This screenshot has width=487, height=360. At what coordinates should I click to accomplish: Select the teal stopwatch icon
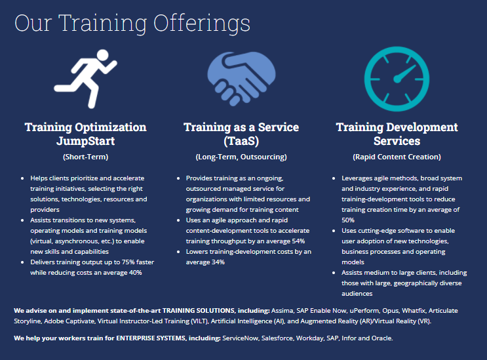[x=396, y=76]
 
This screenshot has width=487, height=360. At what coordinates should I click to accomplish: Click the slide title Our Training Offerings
[x=132, y=23]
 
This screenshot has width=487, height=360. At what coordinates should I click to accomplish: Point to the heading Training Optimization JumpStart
[x=85, y=134]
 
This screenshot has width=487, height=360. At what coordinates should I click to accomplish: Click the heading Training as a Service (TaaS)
[x=241, y=134]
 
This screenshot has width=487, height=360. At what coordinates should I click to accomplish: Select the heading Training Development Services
[x=397, y=134]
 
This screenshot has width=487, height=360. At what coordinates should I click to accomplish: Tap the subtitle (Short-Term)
[x=85, y=157]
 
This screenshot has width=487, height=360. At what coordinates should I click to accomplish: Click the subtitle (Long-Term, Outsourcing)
[x=241, y=157]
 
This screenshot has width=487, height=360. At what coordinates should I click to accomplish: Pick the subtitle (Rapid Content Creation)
[x=397, y=157]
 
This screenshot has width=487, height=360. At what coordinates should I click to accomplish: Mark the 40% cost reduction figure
[x=135, y=273]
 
